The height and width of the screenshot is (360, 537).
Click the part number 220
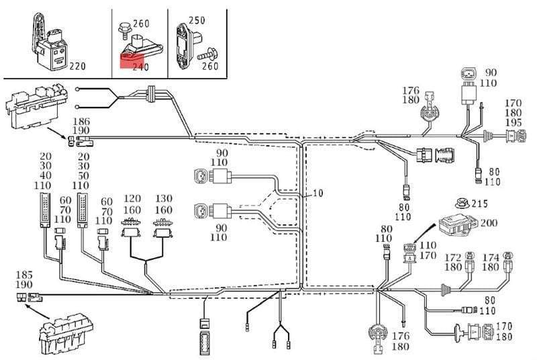[x=78, y=66]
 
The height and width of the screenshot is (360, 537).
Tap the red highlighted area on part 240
[x=126, y=62]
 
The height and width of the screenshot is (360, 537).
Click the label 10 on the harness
[x=318, y=193]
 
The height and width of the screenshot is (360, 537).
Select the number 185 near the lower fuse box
[x=23, y=275]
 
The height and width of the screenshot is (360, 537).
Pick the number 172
[x=454, y=257]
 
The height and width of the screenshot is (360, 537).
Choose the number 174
[x=491, y=257]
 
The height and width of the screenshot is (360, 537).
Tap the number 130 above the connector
[x=164, y=200]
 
